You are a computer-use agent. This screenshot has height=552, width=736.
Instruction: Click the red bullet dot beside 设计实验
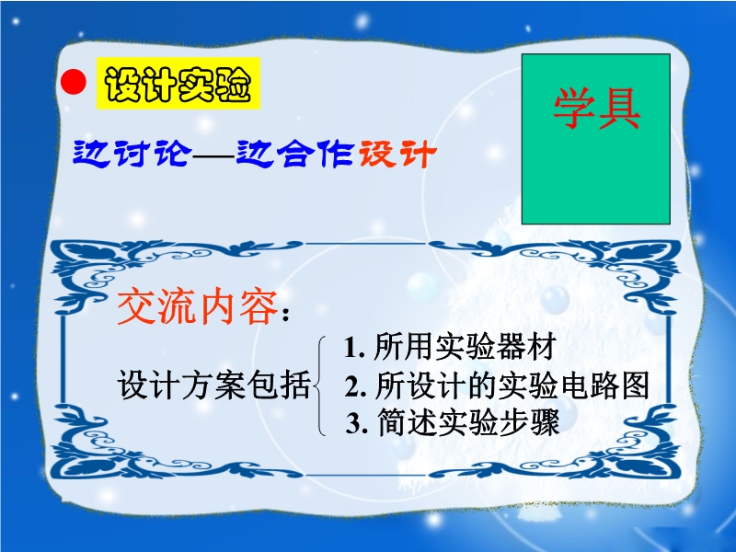[x=74, y=82]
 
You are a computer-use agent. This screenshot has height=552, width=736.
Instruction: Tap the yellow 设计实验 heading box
[x=178, y=83]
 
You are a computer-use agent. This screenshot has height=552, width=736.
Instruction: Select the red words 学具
[x=596, y=109]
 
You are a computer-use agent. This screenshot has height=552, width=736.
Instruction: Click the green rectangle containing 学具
[x=595, y=139]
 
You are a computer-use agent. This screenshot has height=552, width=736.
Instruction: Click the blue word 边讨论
[x=132, y=153]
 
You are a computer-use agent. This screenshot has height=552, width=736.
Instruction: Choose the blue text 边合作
[x=294, y=153]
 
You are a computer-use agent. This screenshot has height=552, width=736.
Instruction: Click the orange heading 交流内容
[x=197, y=307]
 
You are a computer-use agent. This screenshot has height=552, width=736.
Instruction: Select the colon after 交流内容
[x=285, y=315]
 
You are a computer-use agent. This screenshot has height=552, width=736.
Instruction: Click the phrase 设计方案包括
[x=213, y=385]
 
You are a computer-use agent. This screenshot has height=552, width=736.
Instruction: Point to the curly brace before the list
[x=321, y=385]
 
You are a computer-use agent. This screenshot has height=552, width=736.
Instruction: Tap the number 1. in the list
[x=355, y=348]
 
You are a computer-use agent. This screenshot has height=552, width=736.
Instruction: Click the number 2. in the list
[x=355, y=385]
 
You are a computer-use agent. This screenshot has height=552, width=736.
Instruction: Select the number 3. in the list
[x=357, y=423]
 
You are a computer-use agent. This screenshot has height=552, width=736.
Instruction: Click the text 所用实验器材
[x=465, y=348]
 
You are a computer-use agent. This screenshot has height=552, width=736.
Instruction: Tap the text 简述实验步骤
[x=468, y=422]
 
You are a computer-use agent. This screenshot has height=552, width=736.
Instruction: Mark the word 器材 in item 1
[x=526, y=348]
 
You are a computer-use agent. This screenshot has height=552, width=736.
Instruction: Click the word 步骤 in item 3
[x=531, y=422]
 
